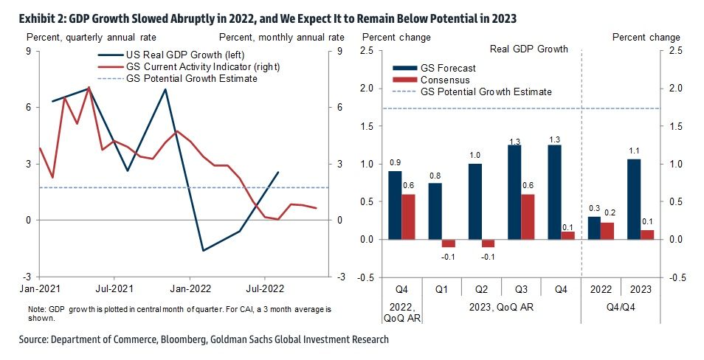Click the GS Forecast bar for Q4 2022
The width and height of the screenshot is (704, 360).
(395, 205)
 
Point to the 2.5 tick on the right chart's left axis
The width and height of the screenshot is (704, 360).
(366, 51)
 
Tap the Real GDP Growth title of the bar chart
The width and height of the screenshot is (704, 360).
(529, 49)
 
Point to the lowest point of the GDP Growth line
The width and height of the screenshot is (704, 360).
(203, 251)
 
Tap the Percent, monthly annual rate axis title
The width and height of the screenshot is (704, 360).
(281, 37)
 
